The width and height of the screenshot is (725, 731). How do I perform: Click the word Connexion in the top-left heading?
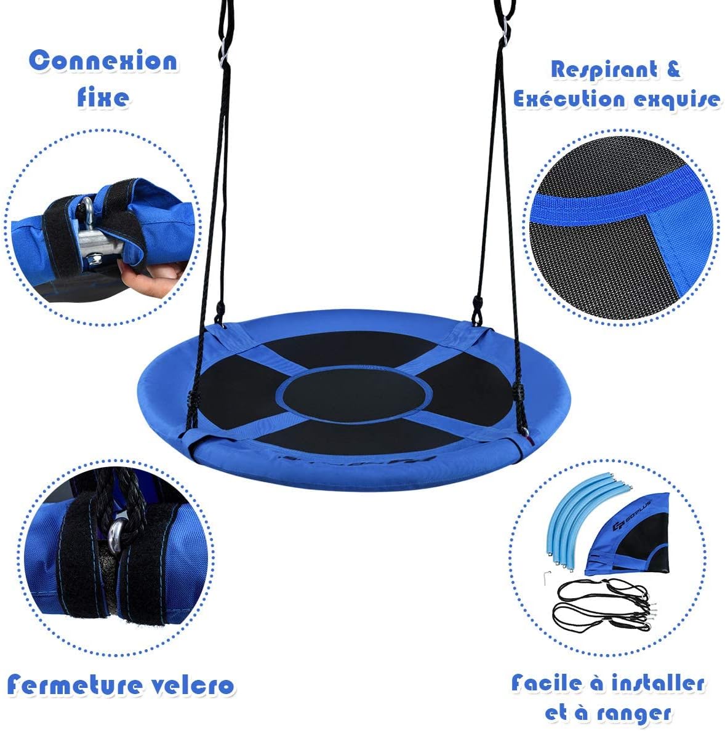click(x=103, y=61)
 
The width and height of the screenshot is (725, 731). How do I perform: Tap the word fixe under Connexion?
click(x=103, y=97)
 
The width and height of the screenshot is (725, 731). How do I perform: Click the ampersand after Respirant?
click(x=673, y=69)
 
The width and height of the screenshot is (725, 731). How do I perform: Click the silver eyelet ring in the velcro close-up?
click(x=115, y=533)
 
